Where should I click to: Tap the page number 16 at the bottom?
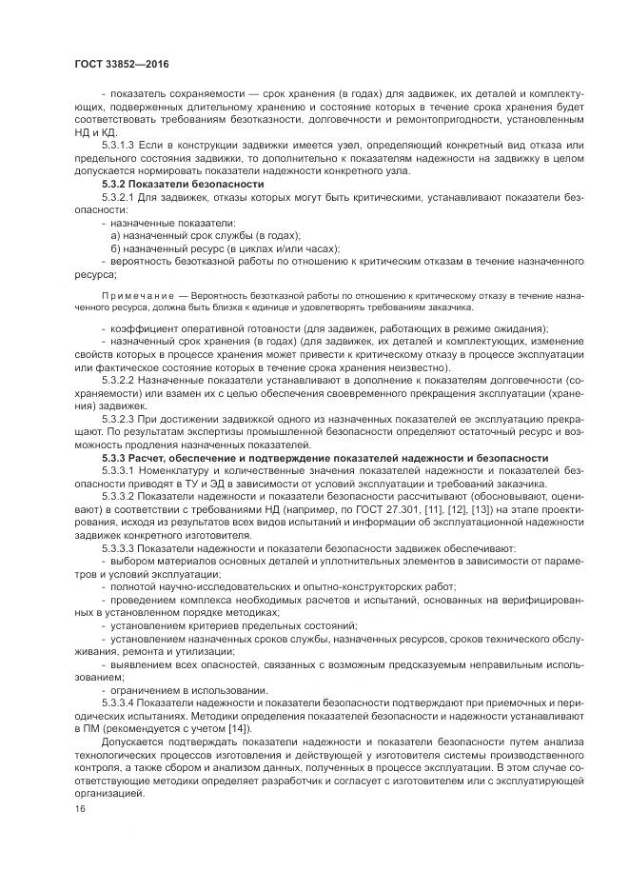click(78, 809)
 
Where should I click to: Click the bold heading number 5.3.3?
click(114, 458)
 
